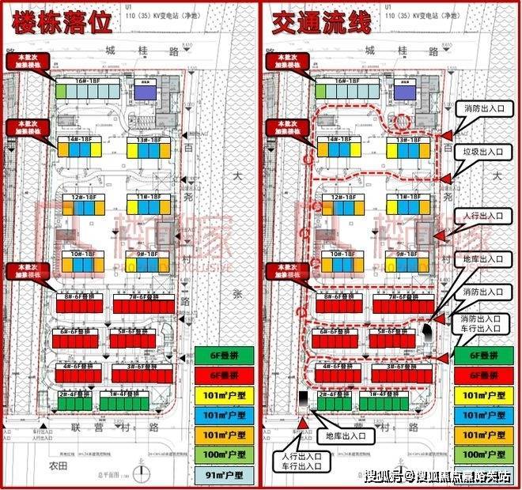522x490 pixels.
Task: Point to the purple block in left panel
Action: pyautogui.click(x=146, y=92)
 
